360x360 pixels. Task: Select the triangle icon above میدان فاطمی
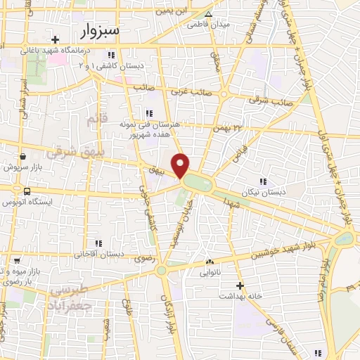coord(207,14)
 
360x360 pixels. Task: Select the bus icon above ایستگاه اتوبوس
coord(27,191)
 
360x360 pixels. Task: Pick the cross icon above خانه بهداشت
coord(240,285)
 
